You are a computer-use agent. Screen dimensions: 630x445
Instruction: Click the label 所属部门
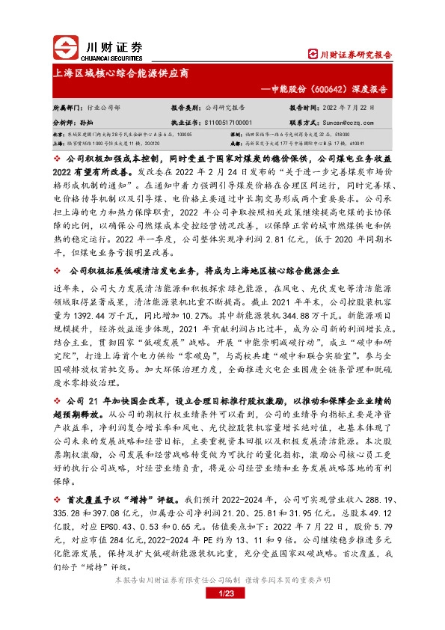[66, 108]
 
